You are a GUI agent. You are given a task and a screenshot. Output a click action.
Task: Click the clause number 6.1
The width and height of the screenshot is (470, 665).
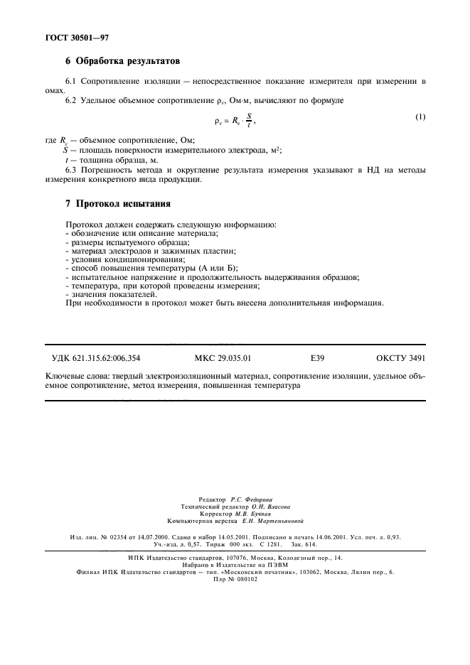pyautogui.click(x=71, y=82)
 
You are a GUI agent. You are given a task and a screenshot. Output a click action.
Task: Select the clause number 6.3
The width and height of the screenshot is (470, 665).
pyautogui.click(x=71, y=170)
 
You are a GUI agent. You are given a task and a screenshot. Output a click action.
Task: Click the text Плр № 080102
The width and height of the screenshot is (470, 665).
pyautogui.click(x=235, y=578)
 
